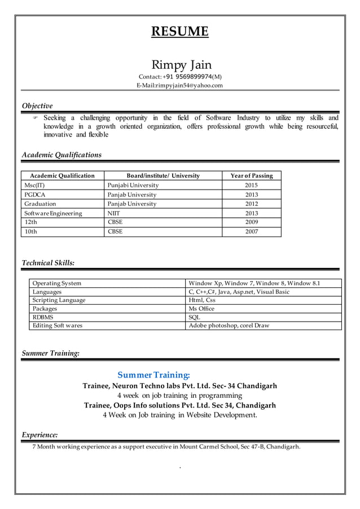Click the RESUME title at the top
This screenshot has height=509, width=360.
pyautogui.click(x=179, y=31)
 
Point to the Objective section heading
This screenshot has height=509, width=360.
pyautogui.click(x=37, y=106)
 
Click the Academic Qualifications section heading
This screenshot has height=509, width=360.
pyautogui.click(x=62, y=155)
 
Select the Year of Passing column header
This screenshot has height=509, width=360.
pyautogui.click(x=251, y=175)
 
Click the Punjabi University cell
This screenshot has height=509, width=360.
pyautogui.click(x=133, y=185)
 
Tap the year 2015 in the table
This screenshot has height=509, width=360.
pyautogui.click(x=251, y=185)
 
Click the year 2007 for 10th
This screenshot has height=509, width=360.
pyautogui.click(x=251, y=231)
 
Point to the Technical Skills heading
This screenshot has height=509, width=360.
pyautogui.click(x=48, y=262)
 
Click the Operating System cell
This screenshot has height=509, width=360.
pyautogui.click(x=57, y=283)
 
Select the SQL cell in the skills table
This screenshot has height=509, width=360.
pyautogui.click(x=194, y=317)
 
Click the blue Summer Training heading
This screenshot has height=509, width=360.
pyautogui.click(x=153, y=375)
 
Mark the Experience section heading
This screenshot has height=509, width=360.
pyautogui.click(x=39, y=435)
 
